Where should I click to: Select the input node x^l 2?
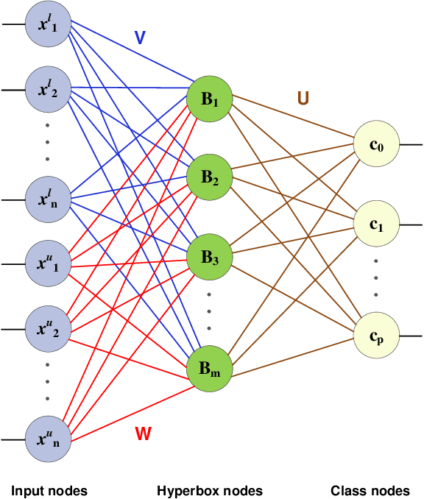point(47,90)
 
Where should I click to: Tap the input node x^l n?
point(47,199)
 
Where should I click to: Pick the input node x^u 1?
point(47,263)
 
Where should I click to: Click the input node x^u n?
point(47,439)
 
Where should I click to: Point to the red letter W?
point(143,433)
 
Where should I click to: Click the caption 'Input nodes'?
point(49,490)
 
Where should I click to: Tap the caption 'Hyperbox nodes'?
point(209,490)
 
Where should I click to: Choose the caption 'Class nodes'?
point(371,490)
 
